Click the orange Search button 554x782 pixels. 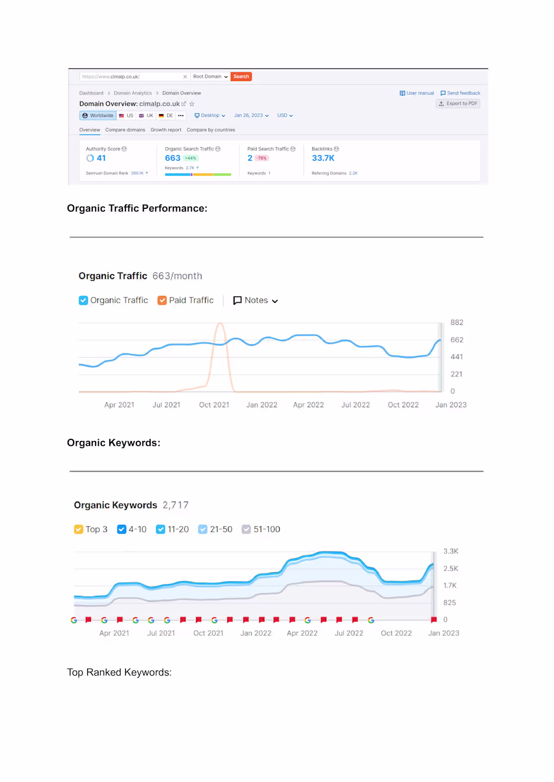click(x=241, y=76)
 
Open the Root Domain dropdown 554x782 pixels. click(x=210, y=76)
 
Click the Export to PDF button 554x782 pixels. click(x=458, y=104)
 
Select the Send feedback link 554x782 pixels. click(x=460, y=93)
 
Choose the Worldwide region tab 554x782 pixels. click(x=98, y=116)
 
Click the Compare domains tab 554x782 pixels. click(x=125, y=130)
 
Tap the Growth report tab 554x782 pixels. click(x=166, y=130)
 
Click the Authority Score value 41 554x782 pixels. click(x=101, y=158)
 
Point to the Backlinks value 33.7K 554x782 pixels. click(x=323, y=158)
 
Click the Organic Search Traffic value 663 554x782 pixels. click(x=172, y=158)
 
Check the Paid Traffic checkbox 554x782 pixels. click(x=162, y=300)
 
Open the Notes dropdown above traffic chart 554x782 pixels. click(x=255, y=300)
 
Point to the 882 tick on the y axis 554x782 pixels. click(x=457, y=323)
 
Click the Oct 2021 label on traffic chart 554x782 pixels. click(x=214, y=405)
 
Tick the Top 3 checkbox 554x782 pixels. click(x=79, y=529)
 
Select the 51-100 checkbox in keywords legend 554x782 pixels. click(x=246, y=529)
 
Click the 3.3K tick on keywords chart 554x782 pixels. click(x=451, y=551)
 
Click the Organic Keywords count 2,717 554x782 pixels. click(x=175, y=505)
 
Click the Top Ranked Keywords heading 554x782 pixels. click(x=119, y=672)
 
